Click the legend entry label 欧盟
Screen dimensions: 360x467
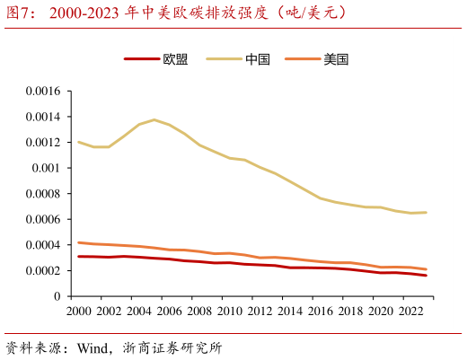[x=175, y=60]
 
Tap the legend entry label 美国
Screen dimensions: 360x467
[x=336, y=60]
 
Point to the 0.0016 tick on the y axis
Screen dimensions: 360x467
[x=41, y=92]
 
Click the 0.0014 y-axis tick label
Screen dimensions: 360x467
[x=41, y=117]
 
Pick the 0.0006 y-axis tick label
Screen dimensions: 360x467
[x=41, y=219]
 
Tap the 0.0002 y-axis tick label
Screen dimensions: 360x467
[x=41, y=270]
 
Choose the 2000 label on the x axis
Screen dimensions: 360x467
[x=79, y=311]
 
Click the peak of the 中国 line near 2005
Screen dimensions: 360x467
[x=154, y=119]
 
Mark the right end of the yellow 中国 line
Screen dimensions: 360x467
[x=426, y=213]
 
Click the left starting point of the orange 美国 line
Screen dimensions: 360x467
[x=78, y=242]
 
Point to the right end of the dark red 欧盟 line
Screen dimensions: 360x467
[x=426, y=276]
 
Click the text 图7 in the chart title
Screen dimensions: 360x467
[x=20, y=13]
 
